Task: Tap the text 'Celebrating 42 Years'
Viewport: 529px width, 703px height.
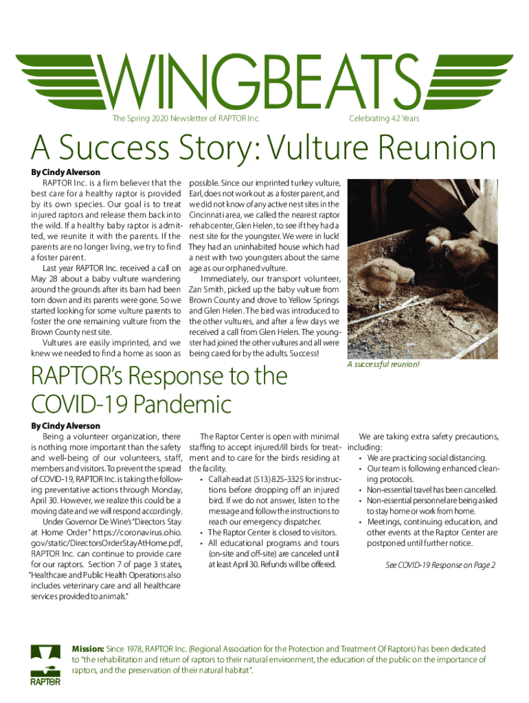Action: click(x=384, y=119)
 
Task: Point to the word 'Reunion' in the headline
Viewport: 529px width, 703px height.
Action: click(x=439, y=150)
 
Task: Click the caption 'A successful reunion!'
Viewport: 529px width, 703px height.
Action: click(x=384, y=364)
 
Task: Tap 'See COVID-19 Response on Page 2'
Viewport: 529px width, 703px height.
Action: click(x=440, y=565)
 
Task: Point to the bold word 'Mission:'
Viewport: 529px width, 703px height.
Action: click(x=89, y=649)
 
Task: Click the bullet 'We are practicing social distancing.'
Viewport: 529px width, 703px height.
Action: click(x=419, y=458)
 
